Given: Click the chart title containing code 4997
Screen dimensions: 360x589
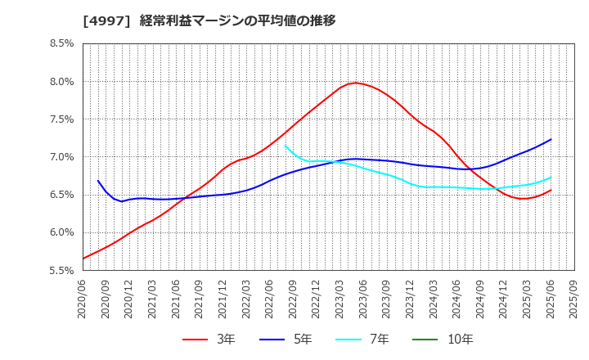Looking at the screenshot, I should point(209,20).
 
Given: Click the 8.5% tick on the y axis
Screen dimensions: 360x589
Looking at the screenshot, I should point(63,43).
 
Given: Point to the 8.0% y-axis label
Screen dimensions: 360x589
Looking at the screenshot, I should point(63,81).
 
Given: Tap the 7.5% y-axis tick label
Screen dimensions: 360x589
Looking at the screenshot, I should point(63,119).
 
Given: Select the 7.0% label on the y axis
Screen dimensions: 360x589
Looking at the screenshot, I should point(63,156).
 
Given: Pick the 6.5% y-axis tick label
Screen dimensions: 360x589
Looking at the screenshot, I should point(63,194).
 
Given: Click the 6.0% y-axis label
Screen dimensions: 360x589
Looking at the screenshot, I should point(63,232).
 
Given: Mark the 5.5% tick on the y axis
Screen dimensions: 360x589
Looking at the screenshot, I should point(63,269).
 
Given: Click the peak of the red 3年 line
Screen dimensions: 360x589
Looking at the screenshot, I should point(355,83).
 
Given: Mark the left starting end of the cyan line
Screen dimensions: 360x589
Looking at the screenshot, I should point(286,146).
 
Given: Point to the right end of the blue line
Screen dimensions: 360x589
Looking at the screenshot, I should point(551,139).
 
